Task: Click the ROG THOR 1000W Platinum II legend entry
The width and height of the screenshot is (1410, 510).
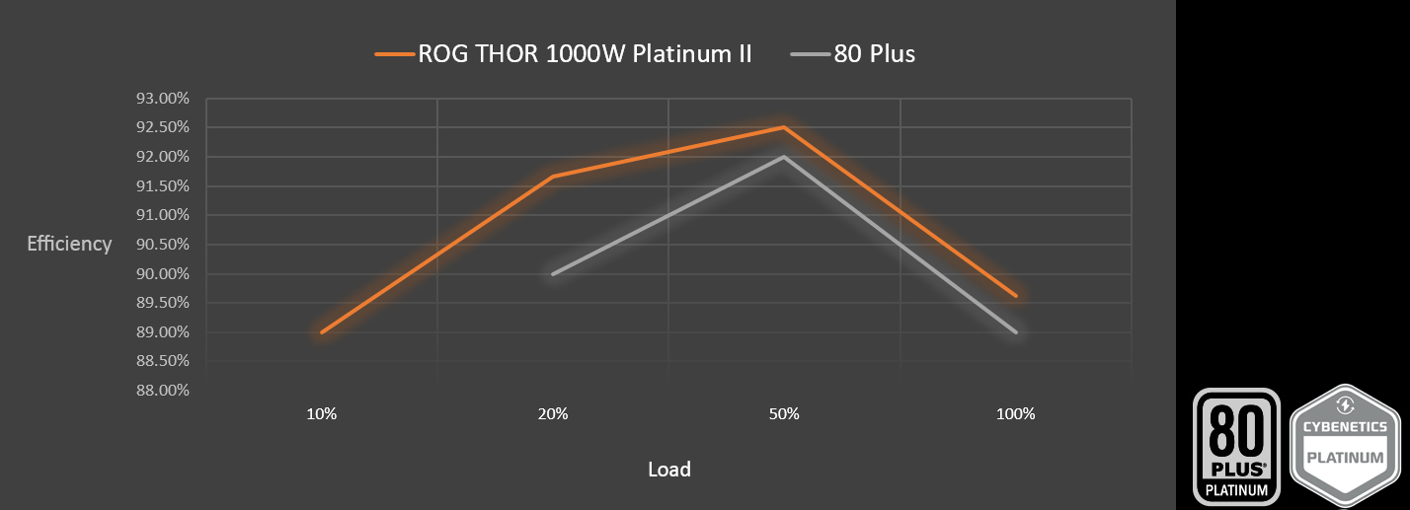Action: click(563, 54)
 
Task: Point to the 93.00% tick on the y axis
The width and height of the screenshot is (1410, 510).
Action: click(162, 99)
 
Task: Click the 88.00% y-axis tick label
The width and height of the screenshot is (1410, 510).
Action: click(162, 391)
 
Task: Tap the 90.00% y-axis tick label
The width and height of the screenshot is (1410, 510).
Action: click(162, 274)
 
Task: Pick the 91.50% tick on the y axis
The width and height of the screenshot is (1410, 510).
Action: click(162, 186)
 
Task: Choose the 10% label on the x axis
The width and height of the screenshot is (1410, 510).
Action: click(322, 414)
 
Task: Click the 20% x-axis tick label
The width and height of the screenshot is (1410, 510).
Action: click(553, 414)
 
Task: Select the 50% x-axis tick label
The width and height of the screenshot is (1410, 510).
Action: click(784, 414)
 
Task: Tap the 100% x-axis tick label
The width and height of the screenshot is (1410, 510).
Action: click(1016, 414)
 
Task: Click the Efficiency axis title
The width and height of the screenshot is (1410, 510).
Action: click(69, 244)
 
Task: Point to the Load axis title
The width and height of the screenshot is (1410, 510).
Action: click(669, 470)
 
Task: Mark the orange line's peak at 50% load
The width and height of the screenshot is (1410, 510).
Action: click(784, 127)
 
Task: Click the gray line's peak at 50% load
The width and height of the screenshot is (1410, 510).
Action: click(784, 157)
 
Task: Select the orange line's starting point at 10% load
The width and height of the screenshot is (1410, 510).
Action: click(322, 332)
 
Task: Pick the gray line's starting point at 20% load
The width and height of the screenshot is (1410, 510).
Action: click(553, 274)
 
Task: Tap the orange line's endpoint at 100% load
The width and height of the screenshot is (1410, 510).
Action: click(1016, 295)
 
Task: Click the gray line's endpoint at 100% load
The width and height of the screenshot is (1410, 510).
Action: click(1016, 332)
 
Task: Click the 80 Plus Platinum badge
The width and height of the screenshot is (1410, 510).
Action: click(1237, 446)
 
